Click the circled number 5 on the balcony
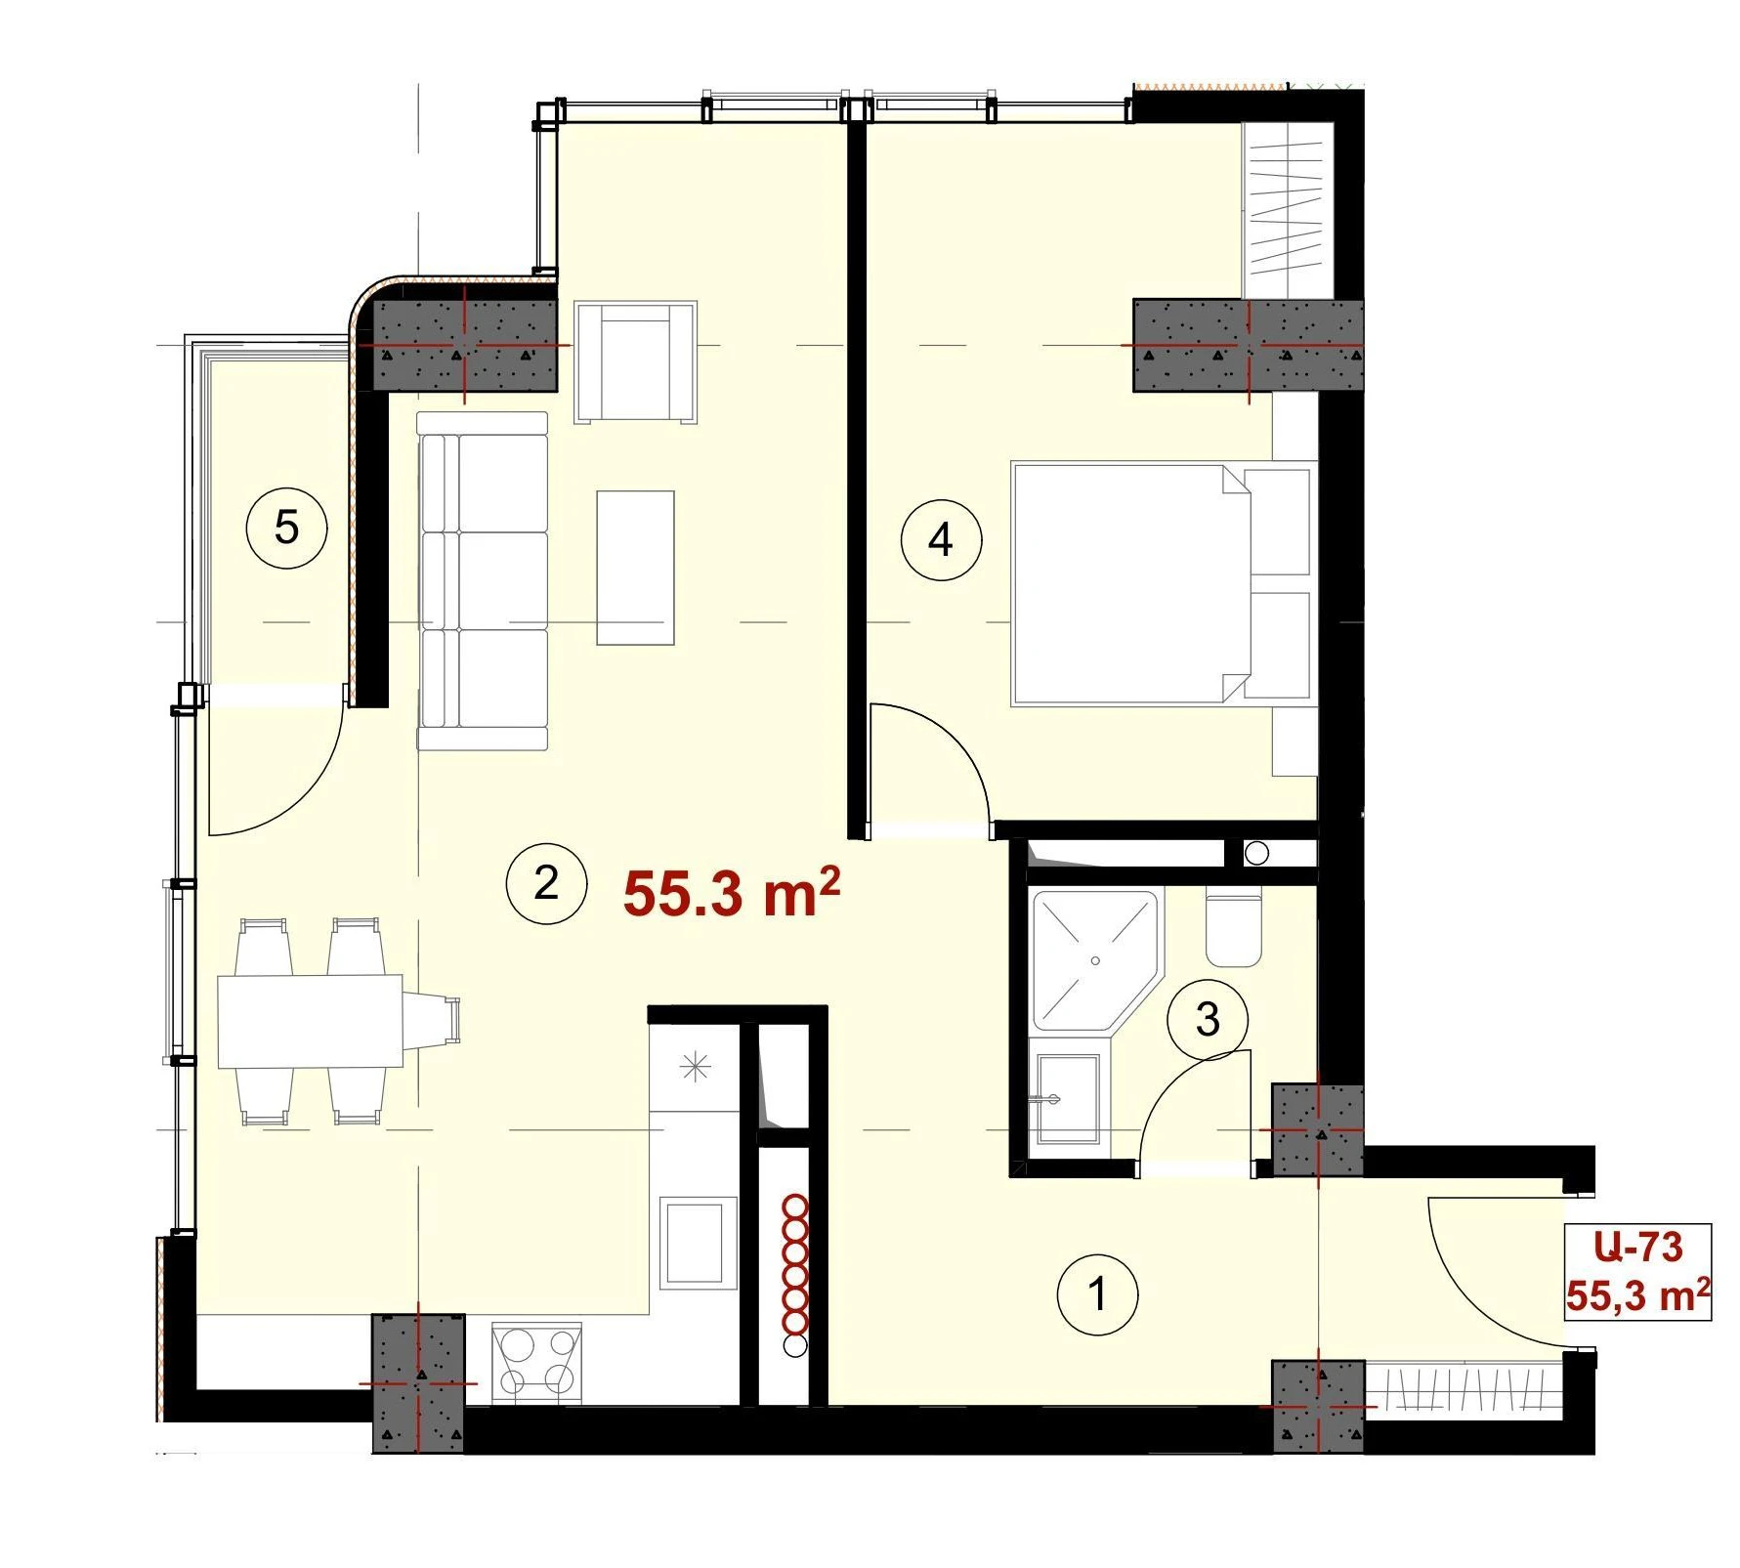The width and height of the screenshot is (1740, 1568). pos(286,529)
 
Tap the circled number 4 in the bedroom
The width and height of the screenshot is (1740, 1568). pos(941,539)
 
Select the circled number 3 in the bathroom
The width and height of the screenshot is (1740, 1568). pos(1208,1021)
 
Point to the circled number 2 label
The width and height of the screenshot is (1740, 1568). pos(546,884)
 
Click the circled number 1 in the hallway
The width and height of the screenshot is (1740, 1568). pos(1098,1294)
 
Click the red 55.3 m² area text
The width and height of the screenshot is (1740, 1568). pos(732,894)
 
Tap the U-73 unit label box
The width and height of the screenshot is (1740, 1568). pos(1637,1272)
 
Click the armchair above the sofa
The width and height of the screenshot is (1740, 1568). pos(636,362)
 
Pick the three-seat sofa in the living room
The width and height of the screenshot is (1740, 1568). pos(483,581)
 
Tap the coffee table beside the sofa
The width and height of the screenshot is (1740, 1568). pos(635,568)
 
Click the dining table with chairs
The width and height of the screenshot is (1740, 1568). pos(337,1022)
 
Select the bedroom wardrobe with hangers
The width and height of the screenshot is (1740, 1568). pos(1288,209)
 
